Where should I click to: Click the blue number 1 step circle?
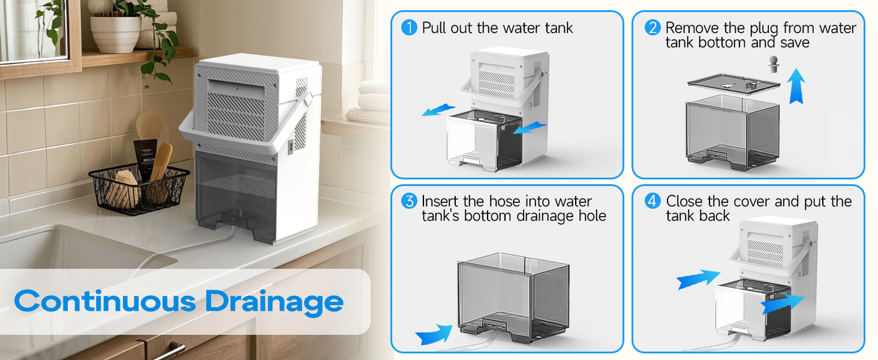click(x=409, y=28)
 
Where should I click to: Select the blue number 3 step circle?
click(x=409, y=202)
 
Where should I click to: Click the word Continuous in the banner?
click(x=106, y=301)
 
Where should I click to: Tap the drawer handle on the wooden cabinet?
click(x=169, y=350)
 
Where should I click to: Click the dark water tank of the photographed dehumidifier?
click(x=237, y=195)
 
